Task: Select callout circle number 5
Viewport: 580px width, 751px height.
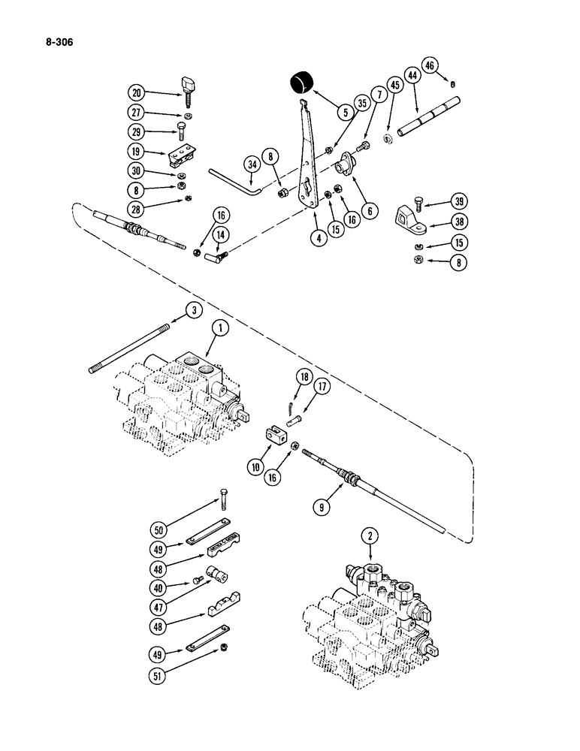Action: [x=345, y=113]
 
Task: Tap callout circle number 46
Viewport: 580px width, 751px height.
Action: [x=451, y=65]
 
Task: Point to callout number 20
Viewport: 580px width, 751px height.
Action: [x=137, y=93]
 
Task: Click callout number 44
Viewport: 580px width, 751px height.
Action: [x=412, y=76]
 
